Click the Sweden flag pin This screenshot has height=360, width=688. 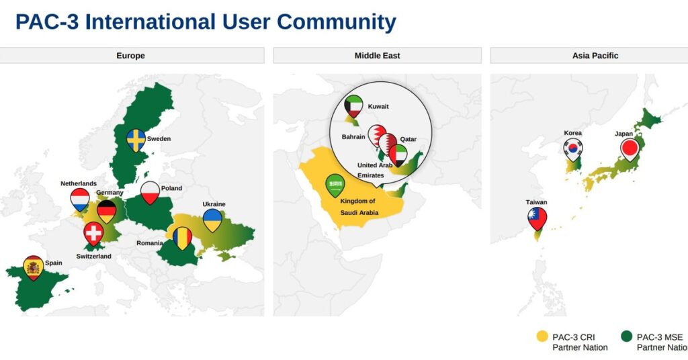[x=136, y=140]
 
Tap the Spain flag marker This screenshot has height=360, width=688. [x=34, y=267]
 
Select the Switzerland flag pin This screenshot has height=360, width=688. [x=93, y=233]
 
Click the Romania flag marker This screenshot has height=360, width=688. [x=183, y=238]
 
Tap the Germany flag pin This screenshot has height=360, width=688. [x=107, y=212]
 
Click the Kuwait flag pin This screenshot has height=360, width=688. [x=353, y=107]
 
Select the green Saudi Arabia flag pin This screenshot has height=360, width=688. [x=335, y=185]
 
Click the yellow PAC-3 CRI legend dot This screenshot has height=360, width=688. [x=542, y=336]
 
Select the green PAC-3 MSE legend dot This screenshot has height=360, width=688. [x=627, y=336]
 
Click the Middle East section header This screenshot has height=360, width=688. [x=378, y=56]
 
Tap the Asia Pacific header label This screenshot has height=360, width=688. [x=595, y=56]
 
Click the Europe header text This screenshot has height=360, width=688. [x=130, y=56]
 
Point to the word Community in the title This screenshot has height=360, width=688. [x=337, y=22]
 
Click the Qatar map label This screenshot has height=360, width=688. [x=408, y=139]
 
